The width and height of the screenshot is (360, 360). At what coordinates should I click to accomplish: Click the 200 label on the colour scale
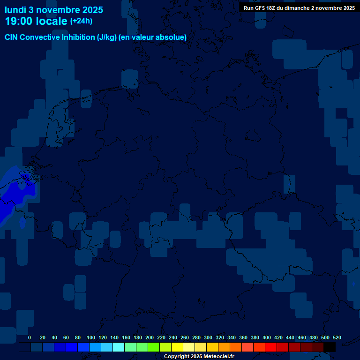[x=150, y=337]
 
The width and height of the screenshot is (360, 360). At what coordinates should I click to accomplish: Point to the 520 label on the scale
[x=337, y=337]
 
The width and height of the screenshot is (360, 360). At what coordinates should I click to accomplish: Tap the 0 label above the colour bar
[x=30, y=337]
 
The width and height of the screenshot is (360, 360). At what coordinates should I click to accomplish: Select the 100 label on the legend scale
[x=91, y=337]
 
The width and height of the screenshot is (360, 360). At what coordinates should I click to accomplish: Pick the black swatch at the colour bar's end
[x=330, y=347]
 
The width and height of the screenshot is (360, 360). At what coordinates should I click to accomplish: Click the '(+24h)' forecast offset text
[x=81, y=21]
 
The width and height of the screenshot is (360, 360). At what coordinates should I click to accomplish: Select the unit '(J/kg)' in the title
[x=107, y=37]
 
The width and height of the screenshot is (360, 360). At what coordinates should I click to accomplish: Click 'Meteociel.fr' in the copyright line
[x=216, y=357]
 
